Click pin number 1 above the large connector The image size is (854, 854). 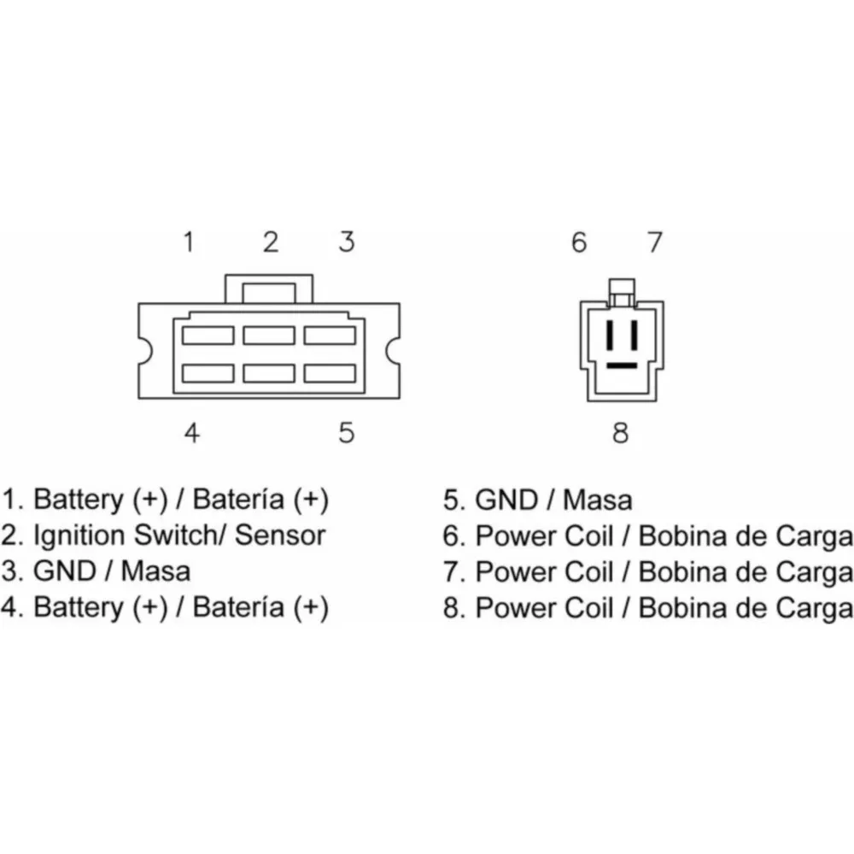189,242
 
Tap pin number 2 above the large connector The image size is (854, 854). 271,242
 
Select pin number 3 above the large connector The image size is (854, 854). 347,242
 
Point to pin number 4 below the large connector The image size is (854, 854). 191,432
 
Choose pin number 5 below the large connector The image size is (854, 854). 347,432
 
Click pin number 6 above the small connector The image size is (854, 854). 579,242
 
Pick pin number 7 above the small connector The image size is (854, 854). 655,242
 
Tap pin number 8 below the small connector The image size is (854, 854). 620,432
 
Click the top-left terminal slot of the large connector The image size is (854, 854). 208,336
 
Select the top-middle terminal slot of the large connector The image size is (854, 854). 269,336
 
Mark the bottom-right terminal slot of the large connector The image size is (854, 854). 330,374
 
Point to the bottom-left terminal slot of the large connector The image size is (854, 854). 208,374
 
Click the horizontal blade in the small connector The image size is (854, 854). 622,366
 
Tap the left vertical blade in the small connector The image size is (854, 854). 611,335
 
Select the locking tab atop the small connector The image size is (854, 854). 622,292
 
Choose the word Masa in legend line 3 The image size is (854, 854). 155,571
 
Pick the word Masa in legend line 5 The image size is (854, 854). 598,500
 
